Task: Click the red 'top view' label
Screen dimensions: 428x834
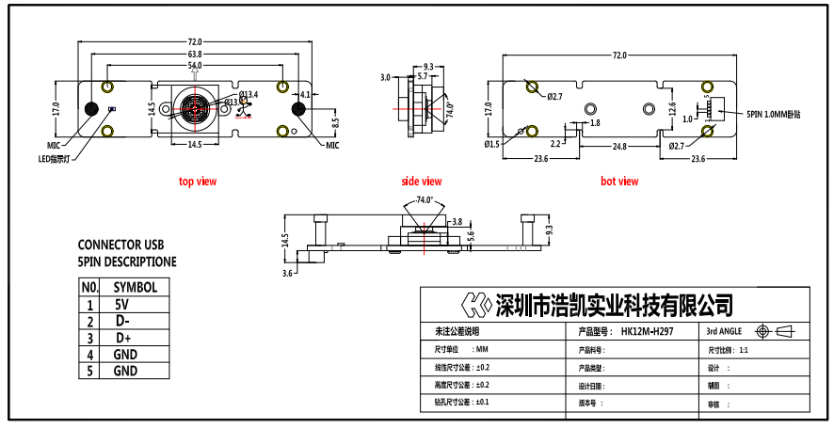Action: (198, 181)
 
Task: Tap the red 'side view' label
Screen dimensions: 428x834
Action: (421, 181)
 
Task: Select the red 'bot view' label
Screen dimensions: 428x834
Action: (619, 181)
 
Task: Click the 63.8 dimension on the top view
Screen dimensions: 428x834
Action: (195, 55)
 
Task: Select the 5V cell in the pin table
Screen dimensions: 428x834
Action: (122, 305)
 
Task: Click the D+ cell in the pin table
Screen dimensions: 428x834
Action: (122, 338)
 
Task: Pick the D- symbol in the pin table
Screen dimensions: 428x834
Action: (122, 321)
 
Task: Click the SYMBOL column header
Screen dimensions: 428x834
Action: (135, 287)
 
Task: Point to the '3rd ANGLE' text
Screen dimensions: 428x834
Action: (725, 332)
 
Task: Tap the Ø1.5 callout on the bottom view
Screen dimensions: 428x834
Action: (491, 145)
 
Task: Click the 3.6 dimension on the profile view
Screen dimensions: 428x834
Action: (288, 273)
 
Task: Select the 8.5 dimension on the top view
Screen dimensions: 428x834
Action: (334, 121)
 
